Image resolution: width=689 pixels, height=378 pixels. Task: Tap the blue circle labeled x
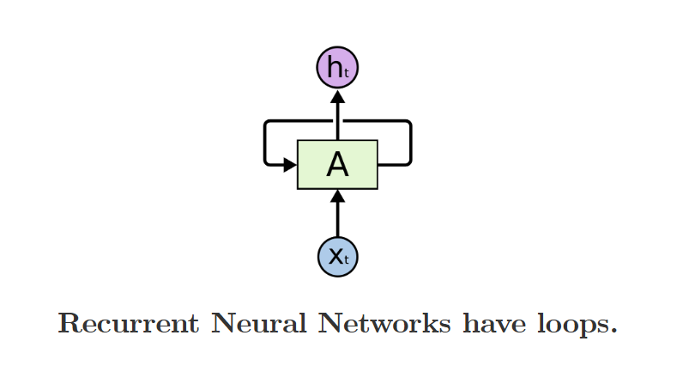[x=337, y=256]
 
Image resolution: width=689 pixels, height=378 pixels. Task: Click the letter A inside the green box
[x=337, y=165]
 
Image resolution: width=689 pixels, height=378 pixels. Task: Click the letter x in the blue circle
[x=334, y=256]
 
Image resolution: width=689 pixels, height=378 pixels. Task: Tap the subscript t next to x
[x=347, y=260]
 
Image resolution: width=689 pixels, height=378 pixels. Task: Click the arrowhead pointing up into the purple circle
[x=337, y=97]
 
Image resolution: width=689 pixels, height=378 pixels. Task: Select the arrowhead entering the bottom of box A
[x=337, y=197]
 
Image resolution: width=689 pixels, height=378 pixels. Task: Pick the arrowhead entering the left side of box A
[x=290, y=164]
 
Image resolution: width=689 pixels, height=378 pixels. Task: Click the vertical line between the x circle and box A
[x=337, y=219]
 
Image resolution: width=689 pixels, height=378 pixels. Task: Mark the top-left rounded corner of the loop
[x=268, y=124]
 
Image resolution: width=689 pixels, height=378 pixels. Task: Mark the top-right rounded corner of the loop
[x=408, y=124]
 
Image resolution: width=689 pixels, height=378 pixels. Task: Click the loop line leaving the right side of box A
[x=395, y=164]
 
